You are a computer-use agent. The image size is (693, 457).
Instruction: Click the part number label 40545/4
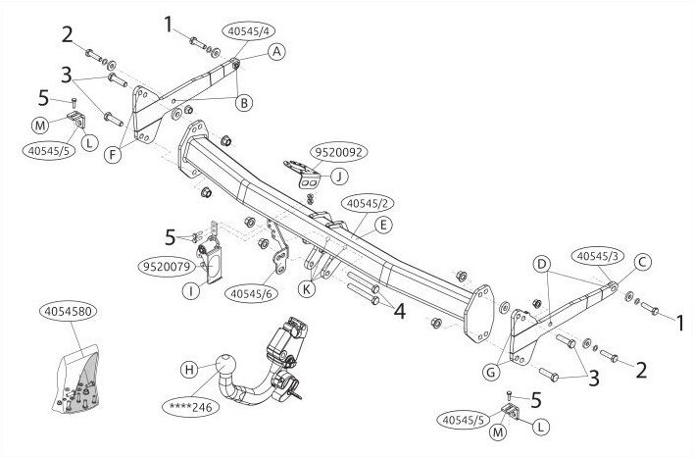(x=251, y=31)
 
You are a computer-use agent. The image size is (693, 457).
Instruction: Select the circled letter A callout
(x=276, y=52)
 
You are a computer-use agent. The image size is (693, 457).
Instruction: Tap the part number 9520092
(x=339, y=152)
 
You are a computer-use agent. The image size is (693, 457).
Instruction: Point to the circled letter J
(x=339, y=177)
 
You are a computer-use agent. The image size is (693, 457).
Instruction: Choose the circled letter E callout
(x=383, y=225)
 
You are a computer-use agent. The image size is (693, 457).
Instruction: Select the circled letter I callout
(x=191, y=291)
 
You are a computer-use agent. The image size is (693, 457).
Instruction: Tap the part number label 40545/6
(x=252, y=293)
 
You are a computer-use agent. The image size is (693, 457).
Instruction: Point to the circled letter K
(x=307, y=289)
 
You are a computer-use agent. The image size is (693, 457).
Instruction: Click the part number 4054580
(x=68, y=312)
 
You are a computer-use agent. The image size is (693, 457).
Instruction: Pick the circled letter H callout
(x=189, y=369)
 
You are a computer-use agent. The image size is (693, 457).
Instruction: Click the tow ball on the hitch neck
(x=225, y=365)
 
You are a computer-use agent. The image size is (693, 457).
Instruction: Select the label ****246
(x=190, y=407)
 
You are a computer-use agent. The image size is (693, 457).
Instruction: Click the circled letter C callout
(x=643, y=262)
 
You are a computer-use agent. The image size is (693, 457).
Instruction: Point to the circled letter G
(x=491, y=373)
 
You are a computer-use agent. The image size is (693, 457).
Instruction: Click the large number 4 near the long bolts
(x=399, y=312)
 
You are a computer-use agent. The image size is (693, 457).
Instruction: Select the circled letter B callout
(x=243, y=103)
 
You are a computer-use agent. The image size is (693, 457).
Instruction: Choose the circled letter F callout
(x=114, y=155)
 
